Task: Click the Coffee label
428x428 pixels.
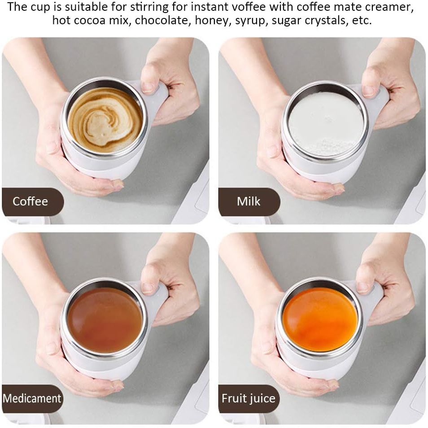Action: pyautogui.click(x=31, y=201)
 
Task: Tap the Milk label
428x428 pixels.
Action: pyautogui.click(x=249, y=201)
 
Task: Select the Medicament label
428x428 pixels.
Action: pyautogui.click(x=32, y=398)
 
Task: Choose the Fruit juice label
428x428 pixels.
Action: pyautogui.click(x=249, y=398)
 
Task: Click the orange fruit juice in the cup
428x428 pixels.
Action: pyautogui.click(x=320, y=320)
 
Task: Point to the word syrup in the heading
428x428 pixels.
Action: pyautogui.click(x=251, y=21)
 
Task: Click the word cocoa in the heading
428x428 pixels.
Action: pyautogui.click(x=90, y=21)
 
